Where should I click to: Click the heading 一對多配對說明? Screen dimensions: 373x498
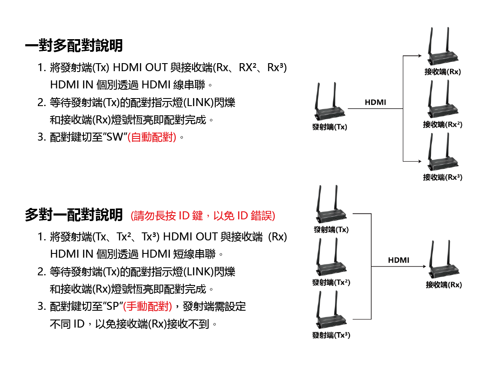tap(74, 45)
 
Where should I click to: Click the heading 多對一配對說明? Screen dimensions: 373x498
tap(74, 215)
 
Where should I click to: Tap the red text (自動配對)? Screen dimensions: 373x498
tap(152, 138)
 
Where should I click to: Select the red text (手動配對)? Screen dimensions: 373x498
tap(147, 306)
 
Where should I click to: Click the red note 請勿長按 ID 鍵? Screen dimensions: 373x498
tap(203, 216)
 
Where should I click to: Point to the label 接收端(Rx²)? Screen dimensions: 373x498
tap(442, 125)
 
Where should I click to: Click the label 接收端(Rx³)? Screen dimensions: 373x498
tap(442, 177)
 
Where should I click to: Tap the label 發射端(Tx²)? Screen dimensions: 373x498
tap(331, 282)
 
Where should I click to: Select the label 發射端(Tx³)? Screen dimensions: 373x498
tap(331, 335)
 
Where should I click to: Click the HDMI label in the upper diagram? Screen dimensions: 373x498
tap(375, 102)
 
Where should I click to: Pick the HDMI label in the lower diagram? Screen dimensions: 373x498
tap(398, 260)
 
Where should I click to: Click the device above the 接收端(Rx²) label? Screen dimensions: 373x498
tap(442, 101)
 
